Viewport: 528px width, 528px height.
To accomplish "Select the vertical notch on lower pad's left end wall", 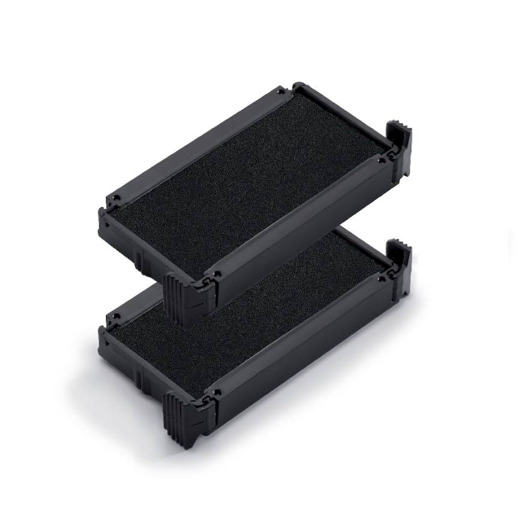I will click(x=139, y=377).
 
